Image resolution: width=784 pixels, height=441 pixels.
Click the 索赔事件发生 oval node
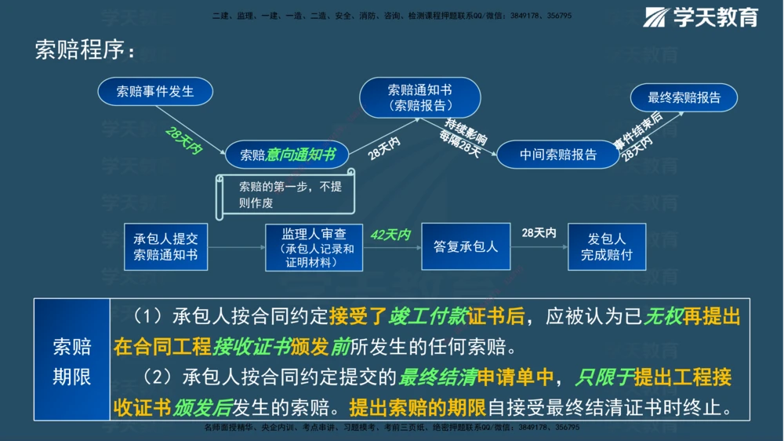tap(155, 91)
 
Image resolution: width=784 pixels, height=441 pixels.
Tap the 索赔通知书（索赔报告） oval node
tap(419, 97)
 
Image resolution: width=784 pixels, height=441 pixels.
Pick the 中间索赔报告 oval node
tap(557, 155)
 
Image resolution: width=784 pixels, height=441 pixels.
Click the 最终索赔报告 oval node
tap(684, 97)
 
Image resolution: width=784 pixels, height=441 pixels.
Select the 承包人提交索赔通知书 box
tap(165, 247)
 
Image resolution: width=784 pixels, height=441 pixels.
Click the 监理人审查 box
tap(314, 247)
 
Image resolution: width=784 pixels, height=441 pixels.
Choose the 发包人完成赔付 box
tap(607, 247)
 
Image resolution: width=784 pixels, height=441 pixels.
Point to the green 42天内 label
tap(390, 235)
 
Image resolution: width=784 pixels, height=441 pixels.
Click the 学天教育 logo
tap(701, 17)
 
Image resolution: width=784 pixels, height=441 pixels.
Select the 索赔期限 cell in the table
tap(71, 362)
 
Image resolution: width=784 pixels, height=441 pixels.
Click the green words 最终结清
tap(438, 378)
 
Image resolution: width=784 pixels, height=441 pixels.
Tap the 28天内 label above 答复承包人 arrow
tap(539, 233)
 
